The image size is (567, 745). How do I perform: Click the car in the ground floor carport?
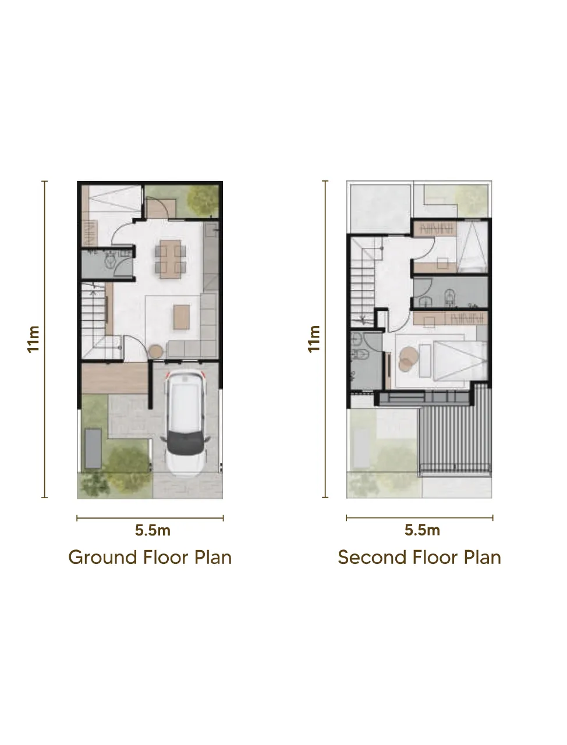click(185, 423)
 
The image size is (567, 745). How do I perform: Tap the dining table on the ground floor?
click(171, 259)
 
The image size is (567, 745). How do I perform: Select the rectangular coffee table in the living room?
click(182, 317)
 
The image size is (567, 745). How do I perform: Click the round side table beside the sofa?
click(156, 352)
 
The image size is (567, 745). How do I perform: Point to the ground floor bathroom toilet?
click(111, 261)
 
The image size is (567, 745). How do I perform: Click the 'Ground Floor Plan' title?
click(150, 558)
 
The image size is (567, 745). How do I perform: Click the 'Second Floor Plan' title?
click(419, 558)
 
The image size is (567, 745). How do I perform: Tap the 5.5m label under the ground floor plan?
click(153, 530)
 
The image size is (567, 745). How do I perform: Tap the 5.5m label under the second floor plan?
click(422, 530)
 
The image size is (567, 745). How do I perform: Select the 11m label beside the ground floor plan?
click(34, 339)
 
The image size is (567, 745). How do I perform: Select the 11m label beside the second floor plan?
click(314, 339)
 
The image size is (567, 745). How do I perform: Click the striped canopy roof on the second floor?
click(455, 430)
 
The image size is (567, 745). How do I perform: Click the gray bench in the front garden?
click(93, 448)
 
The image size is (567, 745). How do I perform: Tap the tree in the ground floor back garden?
click(203, 200)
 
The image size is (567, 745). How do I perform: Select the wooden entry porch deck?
click(115, 378)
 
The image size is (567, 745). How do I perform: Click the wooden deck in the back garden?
click(161, 208)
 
